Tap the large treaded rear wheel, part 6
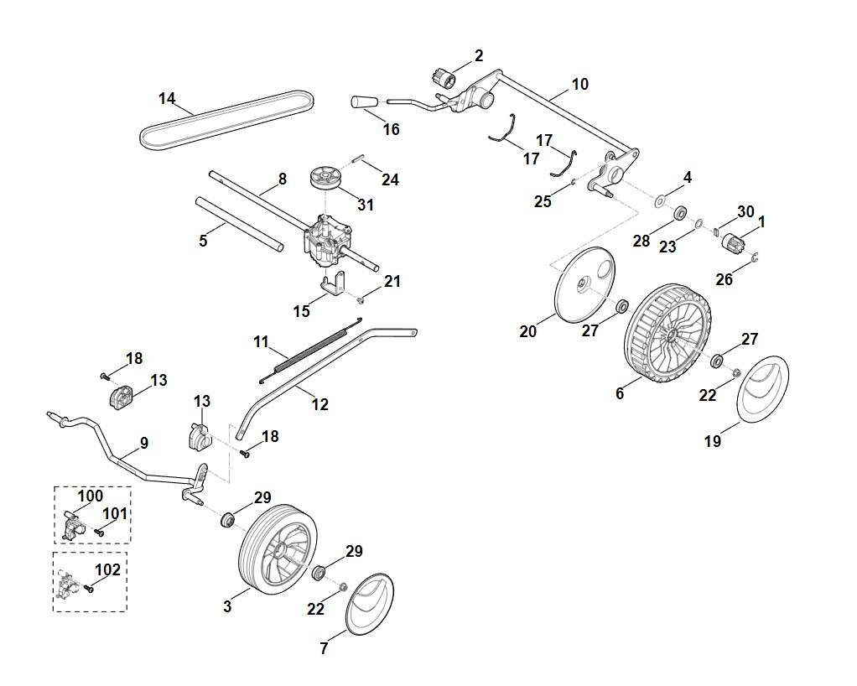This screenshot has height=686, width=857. click(x=668, y=333)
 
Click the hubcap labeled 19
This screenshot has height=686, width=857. click(x=764, y=387)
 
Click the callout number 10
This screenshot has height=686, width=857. click(x=580, y=84)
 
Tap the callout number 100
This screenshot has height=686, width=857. click(x=91, y=496)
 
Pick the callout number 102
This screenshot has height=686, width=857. click(x=108, y=569)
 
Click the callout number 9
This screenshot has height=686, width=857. click(x=143, y=442)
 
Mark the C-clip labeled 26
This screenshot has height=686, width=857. click(x=754, y=257)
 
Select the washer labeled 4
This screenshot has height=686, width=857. click(x=660, y=200)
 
